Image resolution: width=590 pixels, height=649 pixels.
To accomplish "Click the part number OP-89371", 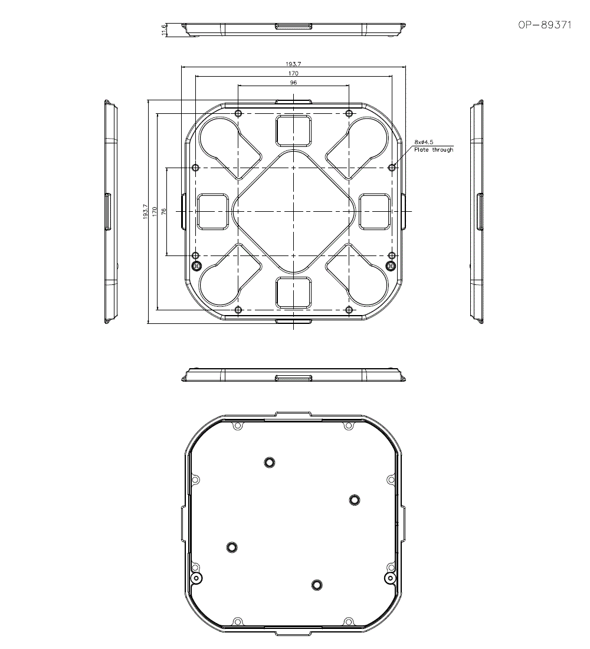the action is click(545, 25).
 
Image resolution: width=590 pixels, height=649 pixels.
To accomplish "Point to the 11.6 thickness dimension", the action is click(163, 30).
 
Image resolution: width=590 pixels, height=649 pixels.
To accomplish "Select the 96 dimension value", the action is click(294, 83).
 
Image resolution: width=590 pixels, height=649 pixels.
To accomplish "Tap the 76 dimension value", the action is click(164, 211).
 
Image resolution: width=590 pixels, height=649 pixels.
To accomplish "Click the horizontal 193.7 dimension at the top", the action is click(293, 64).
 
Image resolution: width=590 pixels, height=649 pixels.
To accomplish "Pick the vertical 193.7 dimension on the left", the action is click(145, 211).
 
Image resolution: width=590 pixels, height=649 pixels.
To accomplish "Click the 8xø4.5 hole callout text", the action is click(424, 142).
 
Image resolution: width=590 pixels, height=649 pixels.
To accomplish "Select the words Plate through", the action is click(434, 149).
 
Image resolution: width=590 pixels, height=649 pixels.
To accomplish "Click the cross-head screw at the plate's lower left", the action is click(197, 265).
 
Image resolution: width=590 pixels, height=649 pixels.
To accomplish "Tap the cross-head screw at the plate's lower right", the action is click(390, 265).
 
